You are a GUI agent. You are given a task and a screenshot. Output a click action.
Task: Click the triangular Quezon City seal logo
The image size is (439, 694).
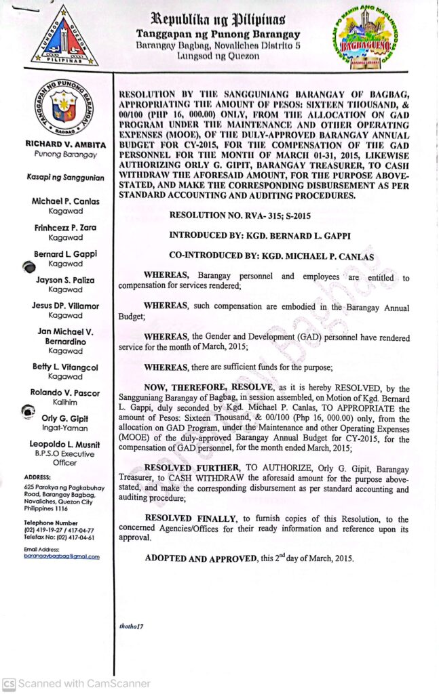pyautogui.click(x=64, y=37)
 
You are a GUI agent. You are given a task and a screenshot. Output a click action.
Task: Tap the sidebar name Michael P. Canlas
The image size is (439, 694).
pyautogui.click(x=66, y=202)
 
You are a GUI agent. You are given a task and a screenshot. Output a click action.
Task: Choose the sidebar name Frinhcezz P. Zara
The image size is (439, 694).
pyautogui.click(x=66, y=228)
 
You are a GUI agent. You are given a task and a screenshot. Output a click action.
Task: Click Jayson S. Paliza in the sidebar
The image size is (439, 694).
pyautogui.click(x=66, y=280)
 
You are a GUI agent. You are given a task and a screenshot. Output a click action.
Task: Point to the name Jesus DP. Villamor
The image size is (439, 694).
pyautogui.click(x=66, y=306)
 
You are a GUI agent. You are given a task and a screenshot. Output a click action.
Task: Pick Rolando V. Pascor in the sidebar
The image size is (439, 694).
pyautogui.click(x=66, y=392)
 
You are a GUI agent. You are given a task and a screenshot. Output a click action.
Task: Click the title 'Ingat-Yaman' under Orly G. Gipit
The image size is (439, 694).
pyautogui.click(x=66, y=428)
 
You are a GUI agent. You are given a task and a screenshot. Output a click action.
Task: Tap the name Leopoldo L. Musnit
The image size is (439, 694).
pyautogui.click(x=66, y=445)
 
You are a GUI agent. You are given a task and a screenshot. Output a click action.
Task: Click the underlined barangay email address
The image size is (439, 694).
pyautogui.click(x=61, y=556)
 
